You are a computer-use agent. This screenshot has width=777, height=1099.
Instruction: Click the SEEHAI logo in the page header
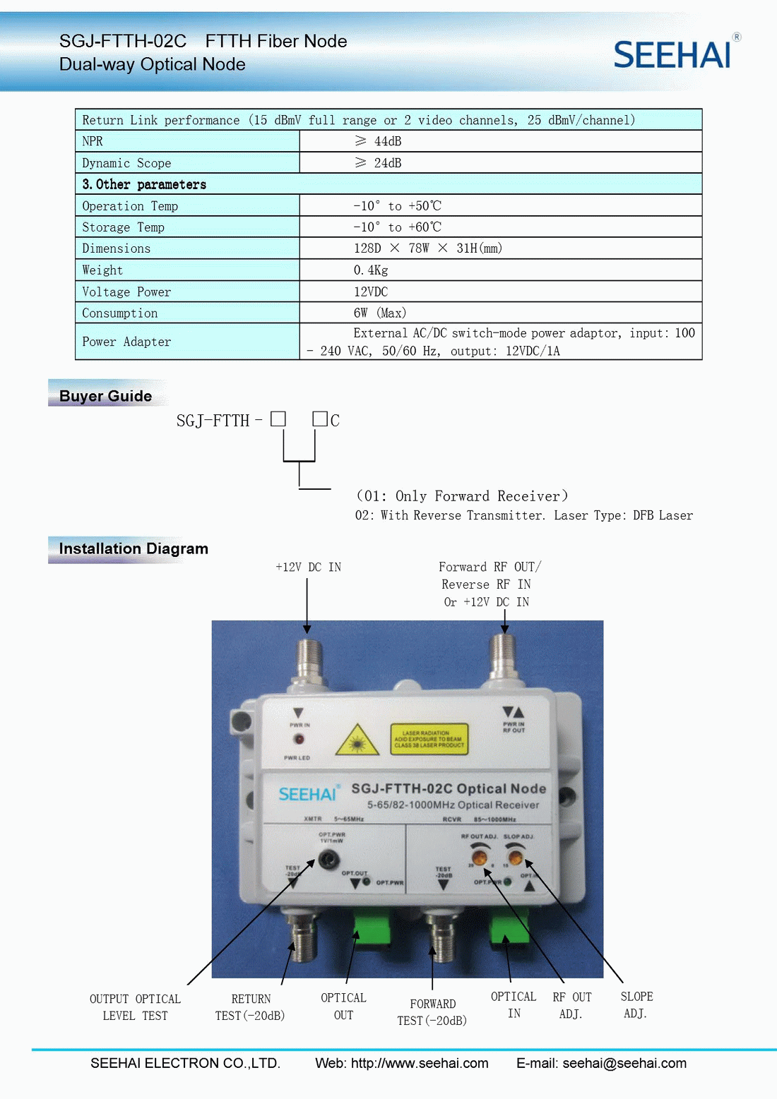673,54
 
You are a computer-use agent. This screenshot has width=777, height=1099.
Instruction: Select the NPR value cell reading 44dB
378,141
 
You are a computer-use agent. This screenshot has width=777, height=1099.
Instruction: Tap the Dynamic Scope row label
126,163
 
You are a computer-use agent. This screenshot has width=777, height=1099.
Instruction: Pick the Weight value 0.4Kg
371,270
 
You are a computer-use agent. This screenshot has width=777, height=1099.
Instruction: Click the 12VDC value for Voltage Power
371,292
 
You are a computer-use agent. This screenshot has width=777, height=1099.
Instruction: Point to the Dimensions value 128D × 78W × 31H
428,248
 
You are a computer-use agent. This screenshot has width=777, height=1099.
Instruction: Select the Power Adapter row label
126,342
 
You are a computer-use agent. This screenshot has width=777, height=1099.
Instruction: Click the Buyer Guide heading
105,396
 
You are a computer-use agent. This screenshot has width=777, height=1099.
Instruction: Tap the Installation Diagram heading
134,548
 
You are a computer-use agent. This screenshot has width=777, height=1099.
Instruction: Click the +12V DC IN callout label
308,567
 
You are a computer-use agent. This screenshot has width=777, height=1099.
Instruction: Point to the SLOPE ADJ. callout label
636,1005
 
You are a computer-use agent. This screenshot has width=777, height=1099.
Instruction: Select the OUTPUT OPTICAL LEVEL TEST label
135,1007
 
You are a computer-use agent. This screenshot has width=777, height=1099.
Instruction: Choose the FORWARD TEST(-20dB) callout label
432,1012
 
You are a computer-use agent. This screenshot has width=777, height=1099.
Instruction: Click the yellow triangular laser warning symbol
357,740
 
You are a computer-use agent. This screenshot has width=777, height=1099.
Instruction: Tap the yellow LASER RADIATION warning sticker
429,739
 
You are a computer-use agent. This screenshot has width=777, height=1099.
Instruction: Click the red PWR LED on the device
299,739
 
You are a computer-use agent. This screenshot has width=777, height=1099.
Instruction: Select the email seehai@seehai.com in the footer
624,1063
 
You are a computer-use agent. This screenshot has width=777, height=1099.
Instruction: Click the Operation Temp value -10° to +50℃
398,206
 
